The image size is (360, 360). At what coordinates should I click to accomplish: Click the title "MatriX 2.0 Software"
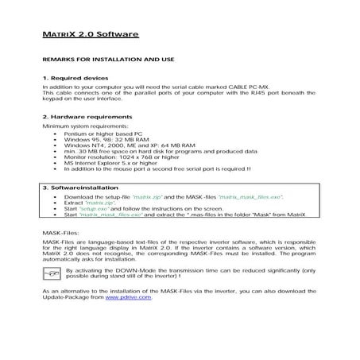[90, 35]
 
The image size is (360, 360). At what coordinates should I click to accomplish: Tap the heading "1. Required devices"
[75, 79]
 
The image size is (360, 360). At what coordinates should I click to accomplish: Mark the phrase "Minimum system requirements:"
[84, 126]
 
